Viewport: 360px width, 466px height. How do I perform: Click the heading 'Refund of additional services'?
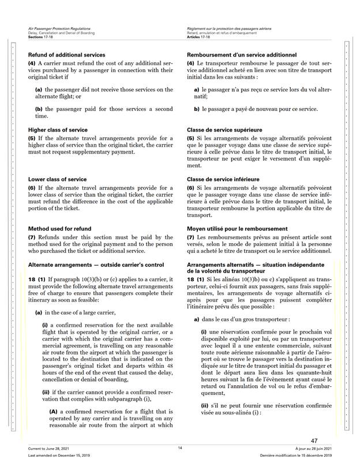66,54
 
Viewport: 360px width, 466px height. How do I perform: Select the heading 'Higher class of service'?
58,130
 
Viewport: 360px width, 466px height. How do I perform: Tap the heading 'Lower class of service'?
57,179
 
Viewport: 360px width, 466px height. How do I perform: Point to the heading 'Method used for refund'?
59,229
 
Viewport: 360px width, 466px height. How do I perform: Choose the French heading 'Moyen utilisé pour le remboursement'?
236,229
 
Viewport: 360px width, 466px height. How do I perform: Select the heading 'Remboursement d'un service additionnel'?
242,54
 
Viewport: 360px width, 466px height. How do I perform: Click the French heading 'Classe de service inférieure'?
223,179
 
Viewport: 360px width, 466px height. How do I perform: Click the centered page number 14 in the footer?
180,448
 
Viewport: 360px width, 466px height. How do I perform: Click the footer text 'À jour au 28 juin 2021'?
312,448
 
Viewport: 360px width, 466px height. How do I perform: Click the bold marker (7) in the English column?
32,237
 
